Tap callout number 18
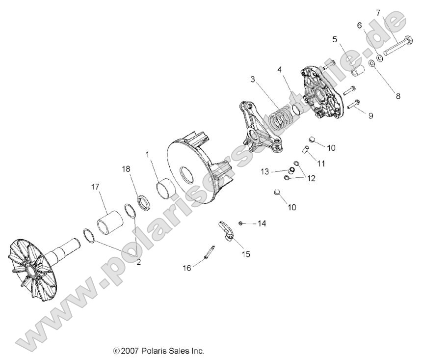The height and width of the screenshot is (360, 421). click(x=127, y=168)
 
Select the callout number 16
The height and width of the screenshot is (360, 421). click(x=187, y=268)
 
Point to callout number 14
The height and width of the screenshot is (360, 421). click(x=262, y=223)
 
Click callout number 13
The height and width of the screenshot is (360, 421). click(x=265, y=171)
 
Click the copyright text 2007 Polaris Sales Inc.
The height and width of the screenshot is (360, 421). click(x=158, y=351)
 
